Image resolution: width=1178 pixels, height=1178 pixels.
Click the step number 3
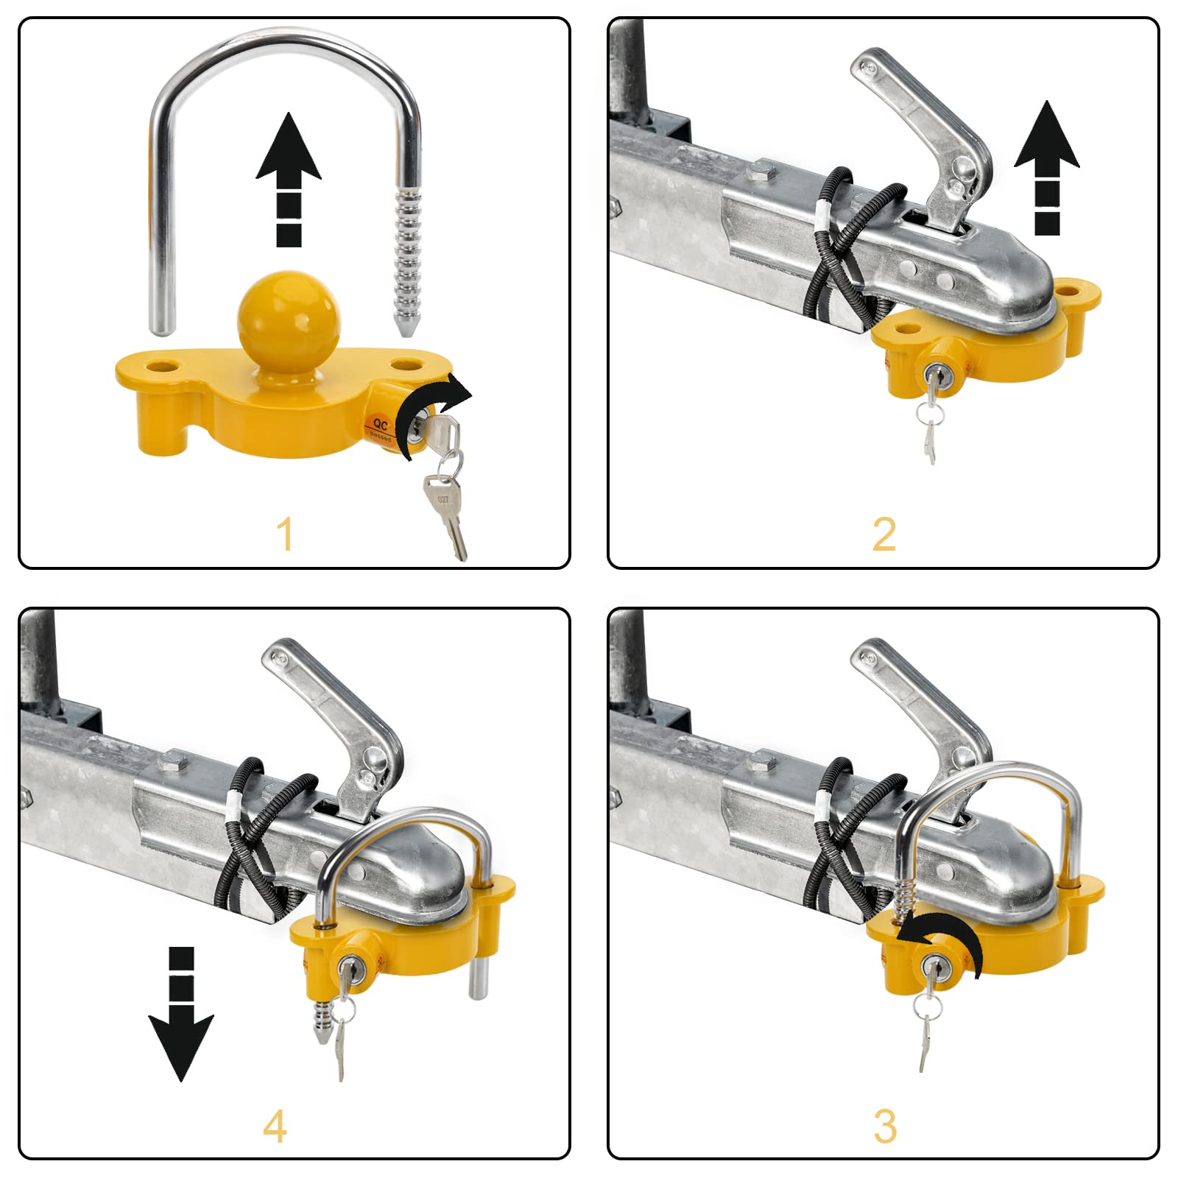[885, 1126]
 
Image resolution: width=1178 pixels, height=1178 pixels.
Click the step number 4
[275, 1126]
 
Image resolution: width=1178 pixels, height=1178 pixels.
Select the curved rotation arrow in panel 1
[427, 412]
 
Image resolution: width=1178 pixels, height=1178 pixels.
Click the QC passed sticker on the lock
[381, 427]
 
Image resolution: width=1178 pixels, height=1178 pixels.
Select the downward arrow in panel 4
[181, 1016]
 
